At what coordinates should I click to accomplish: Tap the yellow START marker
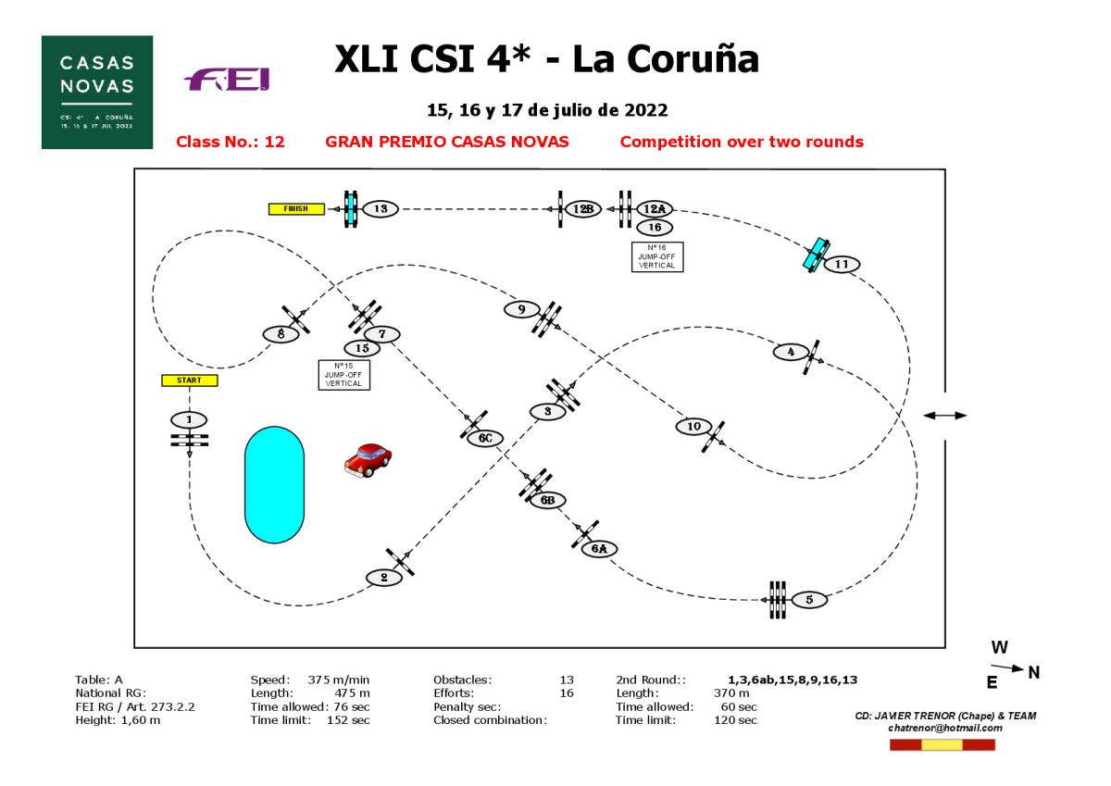pyautogui.click(x=189, y=380)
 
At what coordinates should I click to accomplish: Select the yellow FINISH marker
pyautogui.click(x=296, y=209)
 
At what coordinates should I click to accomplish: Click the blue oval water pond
pyautogui.click(x=274, y=484)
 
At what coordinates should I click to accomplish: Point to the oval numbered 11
pyautogui.click(x=841, y=264)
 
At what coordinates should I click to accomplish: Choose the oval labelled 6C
pyautogui.click(x=484, y=439)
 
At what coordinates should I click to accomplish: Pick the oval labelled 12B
pyautogui.click(x=582, y=209)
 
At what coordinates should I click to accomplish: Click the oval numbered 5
pyautogui.click(x=809, y=600)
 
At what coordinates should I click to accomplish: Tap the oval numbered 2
pyautogui.click(x=384, y=578)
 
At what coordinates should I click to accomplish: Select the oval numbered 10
pyautogui.click(x=693, y=426)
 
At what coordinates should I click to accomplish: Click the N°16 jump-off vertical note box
pyautogui.click(x=656, y=256)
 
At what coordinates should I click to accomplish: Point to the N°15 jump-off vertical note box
pyautogui.click(x=343, y=375)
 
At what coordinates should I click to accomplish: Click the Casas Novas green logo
pyautogui.click(x=96, y=92)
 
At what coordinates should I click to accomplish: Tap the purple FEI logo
pyautogui.click(x=228, y=82)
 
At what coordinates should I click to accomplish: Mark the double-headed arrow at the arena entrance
pyautogui.click(x=945, y=416)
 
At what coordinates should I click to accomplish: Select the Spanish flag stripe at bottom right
pyautogui.click(x=942, y=745)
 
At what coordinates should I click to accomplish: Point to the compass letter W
pyautogui.click(x=999, y=647)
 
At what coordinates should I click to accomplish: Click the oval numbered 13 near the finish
pyautogui.click(x=381, y=209)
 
